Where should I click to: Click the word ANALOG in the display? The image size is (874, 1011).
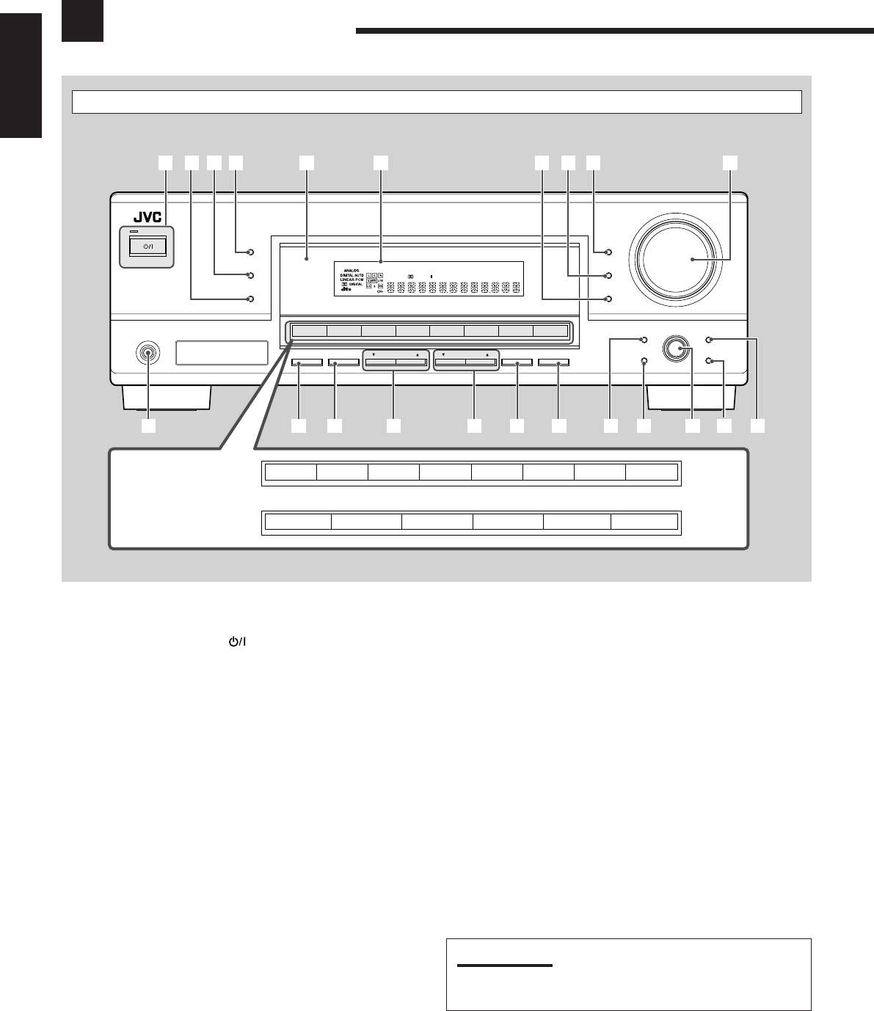click(x=350, y=269)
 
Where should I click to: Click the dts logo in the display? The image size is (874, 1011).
click(x=346, y=290)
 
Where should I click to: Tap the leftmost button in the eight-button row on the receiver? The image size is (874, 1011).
click(x=309, y=331)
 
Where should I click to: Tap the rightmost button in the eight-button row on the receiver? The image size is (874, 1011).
click(x=550, y=331)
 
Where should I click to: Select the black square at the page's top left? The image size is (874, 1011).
click(x=81, y=20)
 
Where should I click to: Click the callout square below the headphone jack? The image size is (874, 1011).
click(x=149, y=426)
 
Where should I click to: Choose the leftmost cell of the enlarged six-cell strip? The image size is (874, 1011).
click(x=297, y=522)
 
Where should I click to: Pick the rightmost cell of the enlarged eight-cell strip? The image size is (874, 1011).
click(x=652, y=471)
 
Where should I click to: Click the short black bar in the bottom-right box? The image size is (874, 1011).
click(x=504, y=966)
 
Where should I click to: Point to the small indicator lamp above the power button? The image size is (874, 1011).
click(x=134, y=233)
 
